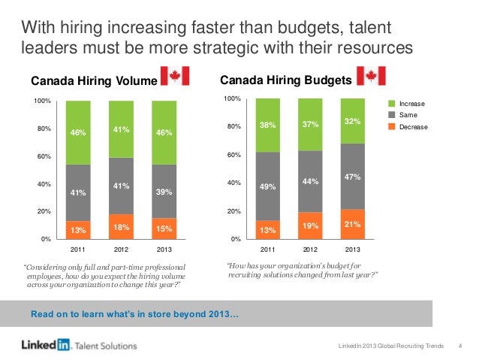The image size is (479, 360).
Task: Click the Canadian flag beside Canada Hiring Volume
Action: [176, 78]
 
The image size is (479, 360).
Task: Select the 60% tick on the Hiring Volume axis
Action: [41, 156]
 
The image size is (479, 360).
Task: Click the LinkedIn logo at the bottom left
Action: [44, 345]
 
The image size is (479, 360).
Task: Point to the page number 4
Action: [459, 345]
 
